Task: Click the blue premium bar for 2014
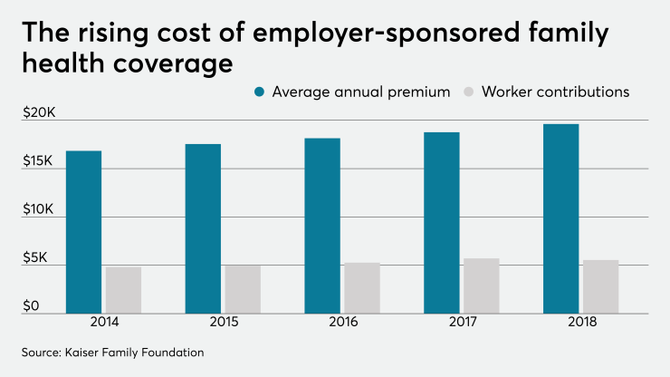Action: tap(83, 232)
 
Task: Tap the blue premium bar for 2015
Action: tap(203, 228)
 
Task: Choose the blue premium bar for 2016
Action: tap(322, 226)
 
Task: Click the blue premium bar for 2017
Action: tap(442, 223)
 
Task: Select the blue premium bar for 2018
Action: tap(561, 218)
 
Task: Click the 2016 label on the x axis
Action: tap(343, 324)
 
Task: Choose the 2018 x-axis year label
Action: tap(581, 324)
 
